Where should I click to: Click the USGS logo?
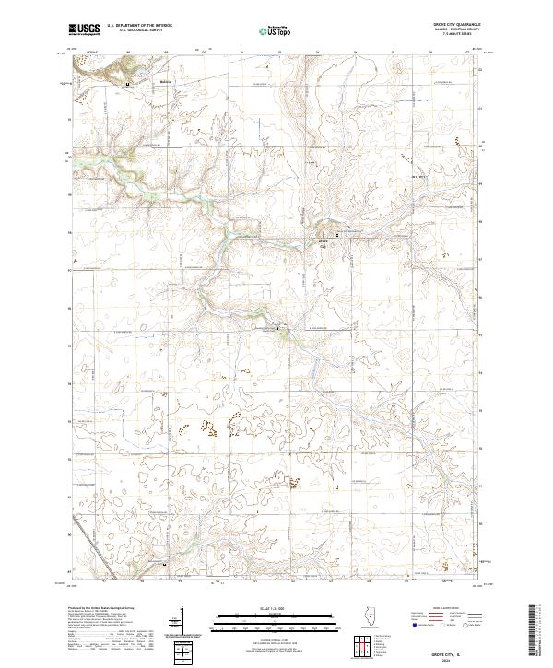84,30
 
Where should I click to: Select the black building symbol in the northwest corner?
127,81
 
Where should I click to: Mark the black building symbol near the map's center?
281,329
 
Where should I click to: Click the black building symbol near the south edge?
165,563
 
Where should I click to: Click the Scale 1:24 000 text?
276,607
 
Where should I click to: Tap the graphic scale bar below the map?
276,618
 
